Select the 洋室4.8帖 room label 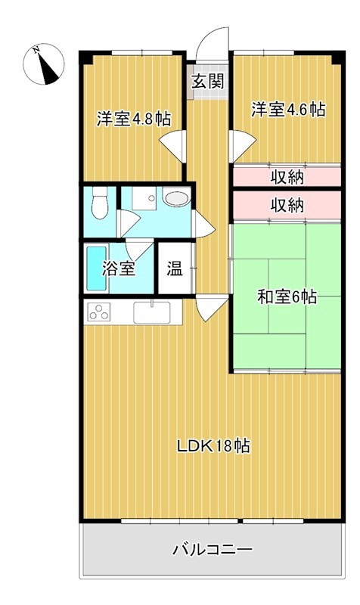point(132,119)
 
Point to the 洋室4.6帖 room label point(288,110)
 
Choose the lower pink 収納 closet point(287,203)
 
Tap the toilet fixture point(98,203)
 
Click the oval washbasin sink point(175,199)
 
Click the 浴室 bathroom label point(119,268)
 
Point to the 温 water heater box point(174,268)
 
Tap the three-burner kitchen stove point(101,311)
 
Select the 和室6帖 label point(286,297)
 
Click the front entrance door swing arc point(213,42)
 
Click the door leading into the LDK point(210,306)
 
